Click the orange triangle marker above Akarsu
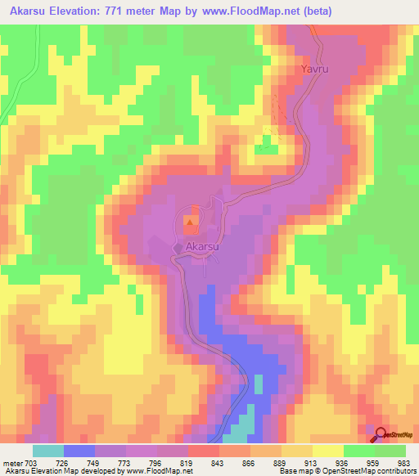pos(191,221)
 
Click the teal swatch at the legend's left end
pos(48,451)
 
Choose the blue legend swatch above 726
pos(79,451)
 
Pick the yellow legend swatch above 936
pos(327,451)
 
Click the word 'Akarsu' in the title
pos(32,11)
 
